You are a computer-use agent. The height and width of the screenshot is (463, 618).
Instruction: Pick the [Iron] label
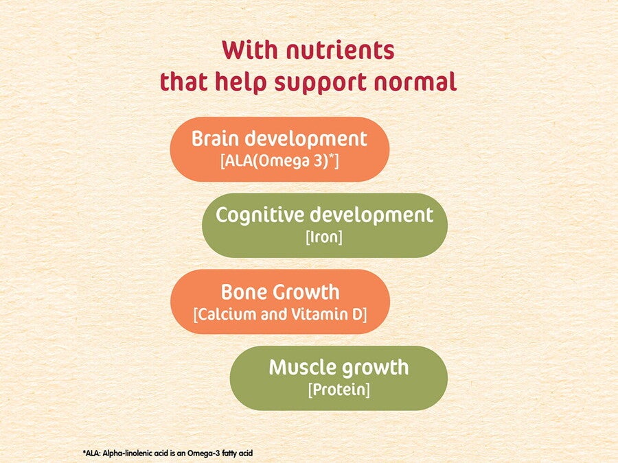(x=325, y=238)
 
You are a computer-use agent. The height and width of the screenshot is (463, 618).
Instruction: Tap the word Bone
(x=244, y=292)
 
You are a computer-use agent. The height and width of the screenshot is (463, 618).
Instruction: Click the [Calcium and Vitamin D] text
(x=280, y=315)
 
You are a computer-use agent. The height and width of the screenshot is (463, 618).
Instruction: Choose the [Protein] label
(x=339, y=390)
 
